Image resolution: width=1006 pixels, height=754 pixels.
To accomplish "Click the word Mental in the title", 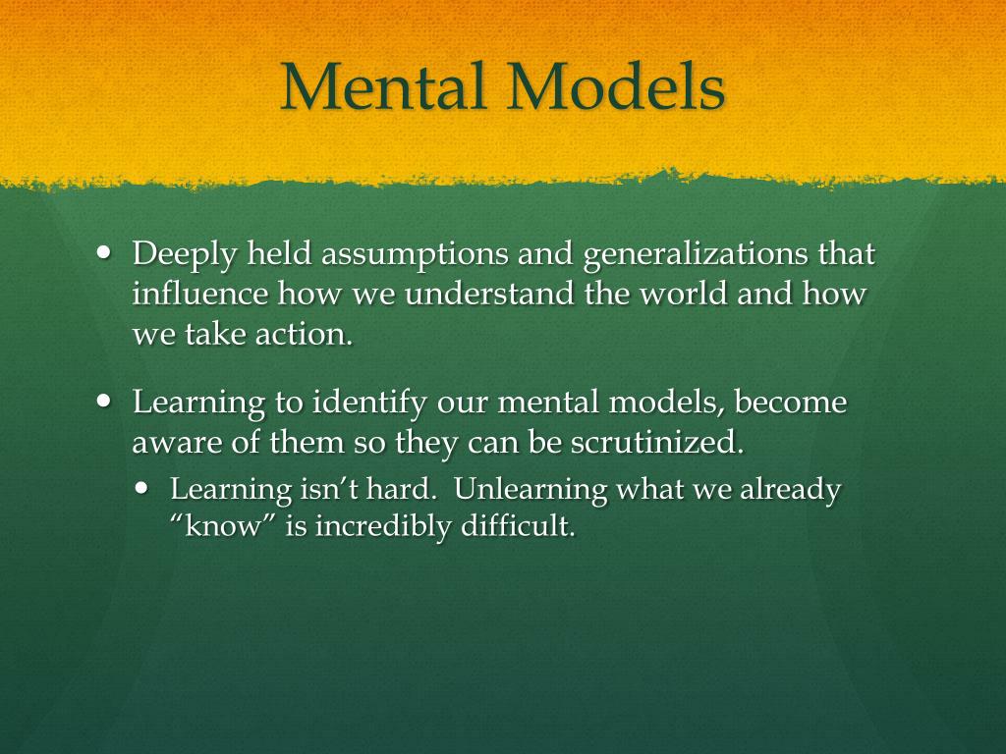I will pyautogui.click(x=385, y=87).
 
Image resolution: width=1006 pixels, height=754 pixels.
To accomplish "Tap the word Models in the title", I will pyautogui.click(x=615, y=87).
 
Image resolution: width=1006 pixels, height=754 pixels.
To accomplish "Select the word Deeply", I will pyautogui.click(x=185, y=255).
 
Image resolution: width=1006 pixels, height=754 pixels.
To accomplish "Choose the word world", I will pyautogui.click(x=673, y=295).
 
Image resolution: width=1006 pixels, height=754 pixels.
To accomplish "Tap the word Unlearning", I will pyautogui.click(x=530, y=489).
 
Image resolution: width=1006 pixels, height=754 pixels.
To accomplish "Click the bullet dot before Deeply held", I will pyautogui.click(x=107, y=252).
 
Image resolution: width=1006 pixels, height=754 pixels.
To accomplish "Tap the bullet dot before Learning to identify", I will pyautogui.click(x=107, y=401).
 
